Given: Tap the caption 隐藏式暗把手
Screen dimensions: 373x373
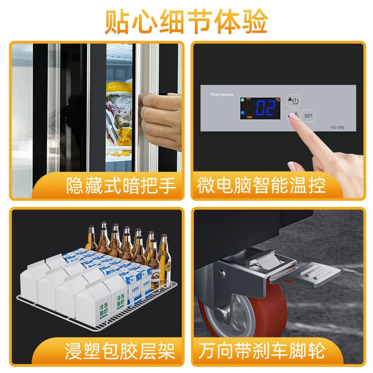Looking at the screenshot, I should [x=121, y=186].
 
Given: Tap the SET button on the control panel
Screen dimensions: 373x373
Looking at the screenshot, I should [x=308, y=115].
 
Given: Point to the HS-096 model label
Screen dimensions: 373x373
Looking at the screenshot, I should [x=337, y=127].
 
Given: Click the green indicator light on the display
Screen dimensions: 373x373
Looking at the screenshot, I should [x=242, y=100].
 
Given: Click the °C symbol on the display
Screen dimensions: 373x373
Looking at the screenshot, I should [x=277, y=100].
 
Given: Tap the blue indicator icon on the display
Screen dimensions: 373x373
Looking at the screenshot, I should [x=242, y=112].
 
